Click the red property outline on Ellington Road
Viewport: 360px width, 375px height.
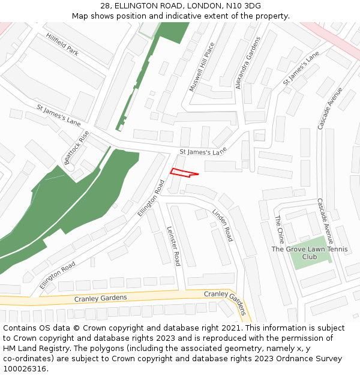(x=182, y=173)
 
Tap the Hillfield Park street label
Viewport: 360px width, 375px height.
(x=62, y=44)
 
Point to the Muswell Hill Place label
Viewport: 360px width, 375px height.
(x=201, y=67)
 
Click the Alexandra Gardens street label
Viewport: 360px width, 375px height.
(x=248, y=63)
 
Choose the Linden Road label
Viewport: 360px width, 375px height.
(x=222, y=225)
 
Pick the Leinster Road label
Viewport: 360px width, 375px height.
(x=173, y=246)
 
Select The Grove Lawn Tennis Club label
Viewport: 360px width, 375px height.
(x=309, y=253)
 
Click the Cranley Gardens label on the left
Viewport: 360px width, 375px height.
(x=100, y=298)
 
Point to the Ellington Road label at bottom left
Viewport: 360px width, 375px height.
(x=58, y=275)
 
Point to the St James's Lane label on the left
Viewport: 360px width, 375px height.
(x=58, y=116)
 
